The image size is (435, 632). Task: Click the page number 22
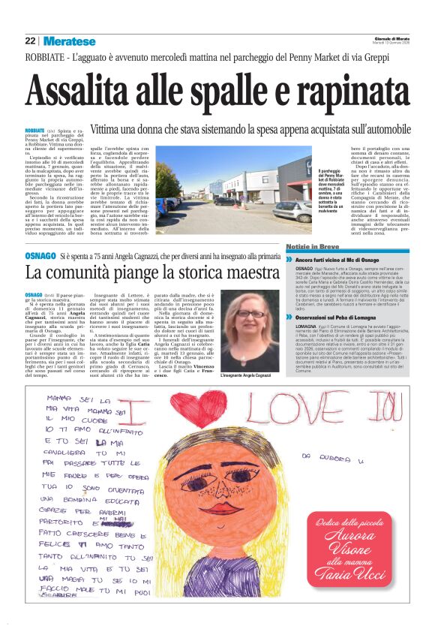pos(30,41)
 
